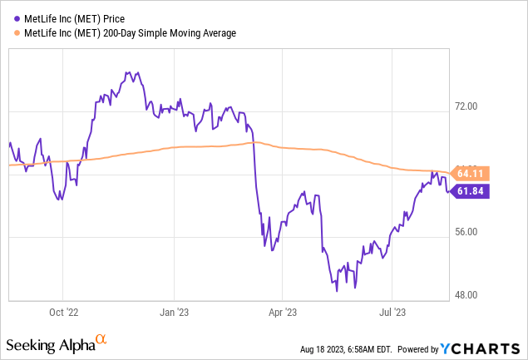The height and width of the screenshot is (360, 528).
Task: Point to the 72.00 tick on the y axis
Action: (x=471, y=107)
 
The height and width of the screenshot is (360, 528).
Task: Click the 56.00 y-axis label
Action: (x=471, y=235)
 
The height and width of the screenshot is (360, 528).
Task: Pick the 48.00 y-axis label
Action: (x=471, y=295)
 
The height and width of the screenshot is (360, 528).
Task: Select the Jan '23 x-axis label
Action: (x=174, y=313)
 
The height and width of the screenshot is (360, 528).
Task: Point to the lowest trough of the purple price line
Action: (x=337, y=290)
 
